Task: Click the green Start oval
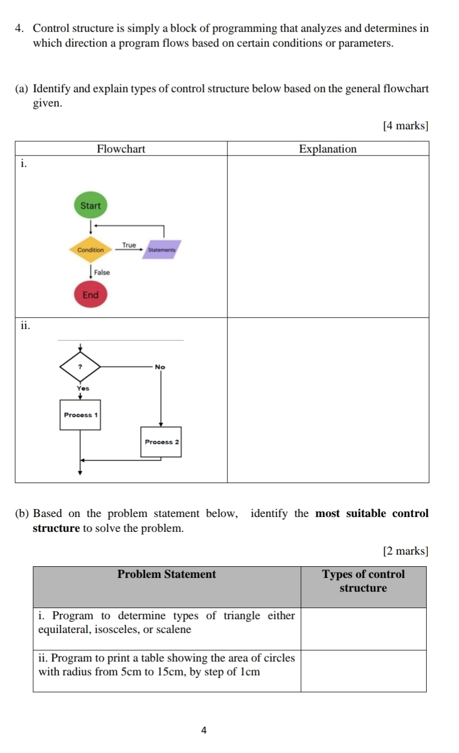90,205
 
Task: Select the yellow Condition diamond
90,250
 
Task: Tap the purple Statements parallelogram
161,249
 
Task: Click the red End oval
90,295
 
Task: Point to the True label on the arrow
129,245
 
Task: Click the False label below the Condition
102,273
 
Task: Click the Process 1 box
80,415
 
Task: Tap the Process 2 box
161,442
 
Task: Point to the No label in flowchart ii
160,367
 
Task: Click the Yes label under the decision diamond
83,388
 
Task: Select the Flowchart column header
121,149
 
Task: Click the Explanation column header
328,149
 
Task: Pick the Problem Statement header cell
167,574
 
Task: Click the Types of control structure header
363,581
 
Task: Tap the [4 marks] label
405,125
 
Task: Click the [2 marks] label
405,551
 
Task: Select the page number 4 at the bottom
205,730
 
